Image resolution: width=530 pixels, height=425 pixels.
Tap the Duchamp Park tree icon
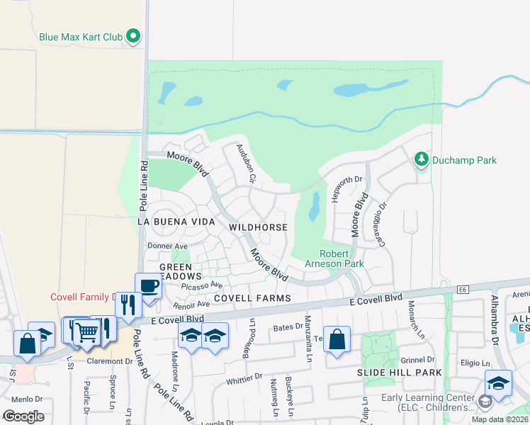pos(422,159)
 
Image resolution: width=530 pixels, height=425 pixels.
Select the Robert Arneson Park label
pos(342,259)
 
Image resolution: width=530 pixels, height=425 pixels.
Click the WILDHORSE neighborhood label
pos(258,227)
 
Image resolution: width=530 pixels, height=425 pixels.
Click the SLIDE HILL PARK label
pos(399,373)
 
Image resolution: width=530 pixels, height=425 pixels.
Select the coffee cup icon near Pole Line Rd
pos(147,287)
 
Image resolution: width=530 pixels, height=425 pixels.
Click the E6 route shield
pos(463,289)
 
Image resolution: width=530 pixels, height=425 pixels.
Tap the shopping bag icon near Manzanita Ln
pos(337,339)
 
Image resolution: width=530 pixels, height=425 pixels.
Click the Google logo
pos(23,416)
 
